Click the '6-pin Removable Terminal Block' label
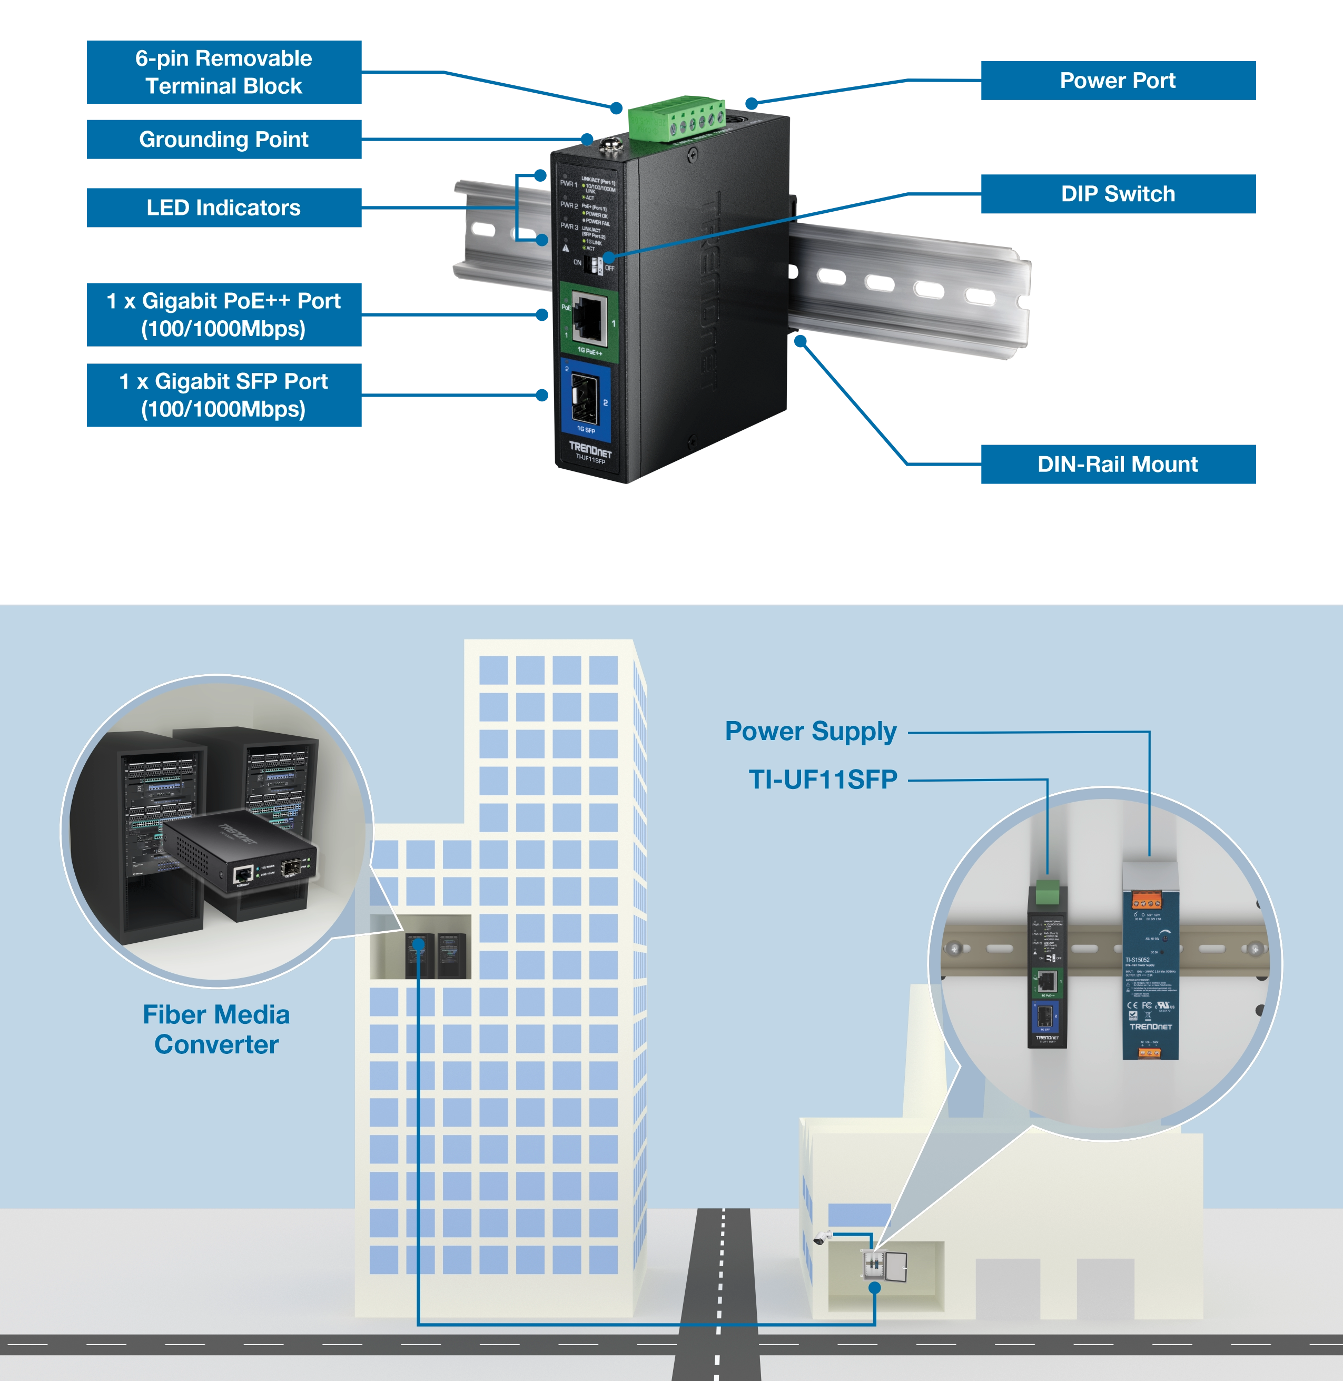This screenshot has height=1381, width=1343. tap(224, 73)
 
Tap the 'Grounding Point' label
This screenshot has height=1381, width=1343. tap(224, 140)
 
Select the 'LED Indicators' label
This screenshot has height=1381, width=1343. tap(224, 208)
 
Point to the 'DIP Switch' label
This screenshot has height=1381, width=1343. tap(1118, 194)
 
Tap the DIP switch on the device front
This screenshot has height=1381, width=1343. tap(597, 266)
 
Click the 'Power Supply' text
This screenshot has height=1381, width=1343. tap(811, 732)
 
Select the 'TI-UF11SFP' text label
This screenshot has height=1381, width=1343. tap(823, 780)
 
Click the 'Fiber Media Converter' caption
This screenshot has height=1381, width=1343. tap(216, 1029)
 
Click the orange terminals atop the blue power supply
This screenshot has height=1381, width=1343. tap(1146, 901)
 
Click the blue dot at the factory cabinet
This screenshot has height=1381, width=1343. tap(875, 1287)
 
